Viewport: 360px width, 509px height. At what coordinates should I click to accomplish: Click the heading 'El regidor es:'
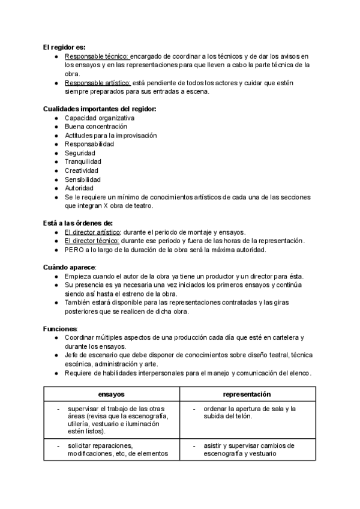(64, 47)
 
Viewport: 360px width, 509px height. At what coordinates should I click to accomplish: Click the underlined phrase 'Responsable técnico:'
(97, 56)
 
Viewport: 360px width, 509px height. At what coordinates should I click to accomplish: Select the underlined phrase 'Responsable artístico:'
(98, 82)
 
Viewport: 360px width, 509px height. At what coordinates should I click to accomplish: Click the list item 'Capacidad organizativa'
(99, 118)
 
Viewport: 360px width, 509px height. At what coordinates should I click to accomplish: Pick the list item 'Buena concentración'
(96, 127)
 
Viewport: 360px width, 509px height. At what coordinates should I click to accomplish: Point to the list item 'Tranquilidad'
(83, 161)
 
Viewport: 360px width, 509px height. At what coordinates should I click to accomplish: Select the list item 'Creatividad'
(82, 170)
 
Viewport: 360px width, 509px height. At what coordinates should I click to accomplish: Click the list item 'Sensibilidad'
(82, 179)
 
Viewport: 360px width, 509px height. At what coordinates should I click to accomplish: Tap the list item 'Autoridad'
(79, 188)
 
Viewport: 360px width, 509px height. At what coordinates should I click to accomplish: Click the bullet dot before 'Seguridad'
(55, 153)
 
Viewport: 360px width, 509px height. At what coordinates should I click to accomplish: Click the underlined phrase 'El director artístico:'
(92, 232)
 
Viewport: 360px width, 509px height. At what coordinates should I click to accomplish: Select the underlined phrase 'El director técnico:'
(91, 241)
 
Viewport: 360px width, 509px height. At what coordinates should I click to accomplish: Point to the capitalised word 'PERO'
(74, 250)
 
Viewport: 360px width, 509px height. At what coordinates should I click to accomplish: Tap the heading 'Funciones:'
(61, 329)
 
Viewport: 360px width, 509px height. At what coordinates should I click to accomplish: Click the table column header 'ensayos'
(111, 394)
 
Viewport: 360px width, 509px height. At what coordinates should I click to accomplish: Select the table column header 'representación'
(247, 394)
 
